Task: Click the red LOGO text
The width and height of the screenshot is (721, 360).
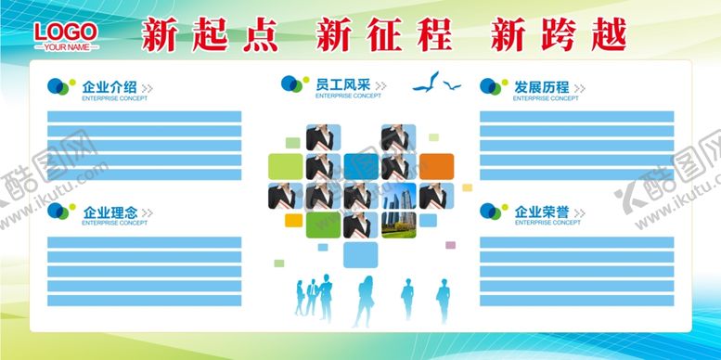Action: (65, 32)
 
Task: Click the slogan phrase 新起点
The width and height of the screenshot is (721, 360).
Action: (209, 35)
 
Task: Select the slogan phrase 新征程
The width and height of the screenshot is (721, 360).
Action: (383, 35)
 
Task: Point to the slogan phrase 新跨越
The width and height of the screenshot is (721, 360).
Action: (558, 35)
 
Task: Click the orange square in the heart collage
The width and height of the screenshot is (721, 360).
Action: (435, 166)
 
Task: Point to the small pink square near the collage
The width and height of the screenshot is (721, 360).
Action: (451, 245)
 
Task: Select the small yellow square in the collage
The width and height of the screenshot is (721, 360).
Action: (293, 221)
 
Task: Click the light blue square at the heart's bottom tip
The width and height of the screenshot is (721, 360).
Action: (360, 254)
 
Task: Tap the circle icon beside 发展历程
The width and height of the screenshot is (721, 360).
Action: (490, 86)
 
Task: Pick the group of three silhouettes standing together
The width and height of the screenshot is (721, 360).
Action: (315, 296)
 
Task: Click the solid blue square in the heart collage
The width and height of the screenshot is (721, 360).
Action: (360, 166)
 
